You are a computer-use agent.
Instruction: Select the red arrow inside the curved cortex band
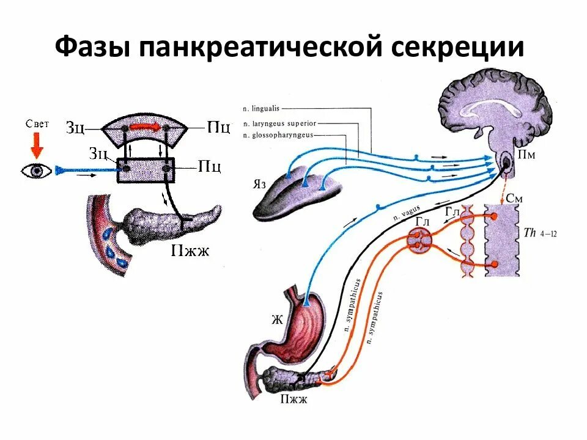click(145, 127)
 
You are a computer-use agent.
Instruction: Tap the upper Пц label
click(218, 128)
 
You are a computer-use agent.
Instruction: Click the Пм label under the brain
click(527, 155)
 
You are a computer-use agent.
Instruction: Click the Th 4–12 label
click(537, 233)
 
